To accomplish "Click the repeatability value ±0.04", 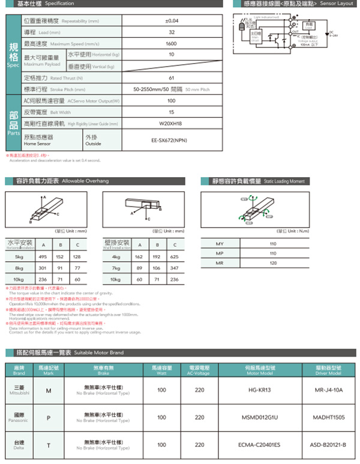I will (172, 21).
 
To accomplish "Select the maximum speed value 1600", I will (171, 44).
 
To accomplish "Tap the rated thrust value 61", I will (172, 78).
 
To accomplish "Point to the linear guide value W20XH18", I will (172, 123).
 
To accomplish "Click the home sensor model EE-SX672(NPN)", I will (172, 141).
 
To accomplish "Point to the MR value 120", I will (273, 263).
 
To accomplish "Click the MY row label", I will (219, 244).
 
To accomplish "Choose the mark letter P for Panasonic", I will (48, 417).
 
